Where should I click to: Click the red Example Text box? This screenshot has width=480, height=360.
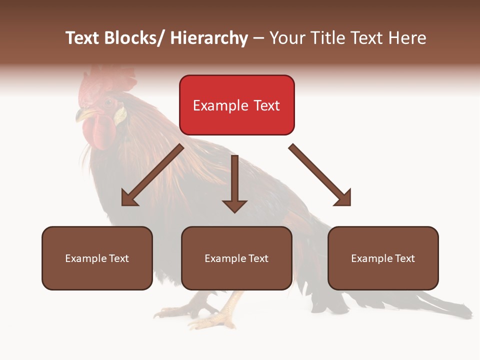coord(236,105)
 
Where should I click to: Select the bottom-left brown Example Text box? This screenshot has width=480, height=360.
coord(97,258)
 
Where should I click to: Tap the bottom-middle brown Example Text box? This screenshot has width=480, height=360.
coord(236,258)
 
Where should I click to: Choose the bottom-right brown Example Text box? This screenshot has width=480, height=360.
coord(383,258)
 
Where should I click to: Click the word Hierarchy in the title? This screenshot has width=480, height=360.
coord(209,38)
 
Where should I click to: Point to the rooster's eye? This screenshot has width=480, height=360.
coord(108,103)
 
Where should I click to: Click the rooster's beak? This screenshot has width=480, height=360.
coord(81,116)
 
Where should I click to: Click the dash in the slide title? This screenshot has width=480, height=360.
coord(258,38)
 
